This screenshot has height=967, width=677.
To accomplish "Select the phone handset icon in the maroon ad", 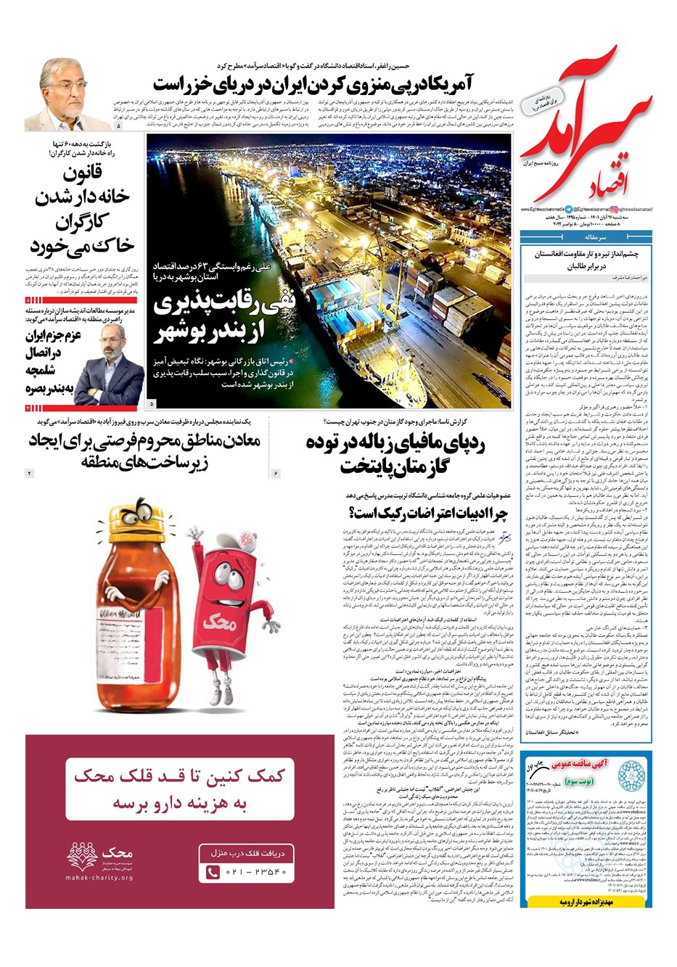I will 213,872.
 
